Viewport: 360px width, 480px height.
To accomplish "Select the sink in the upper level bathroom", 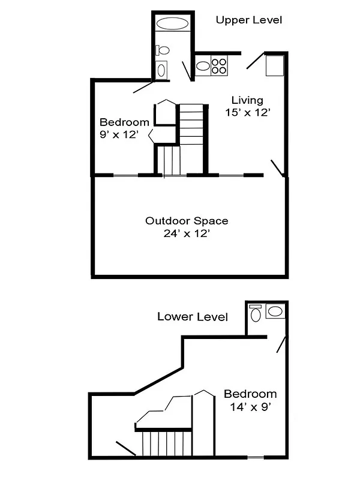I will [161, 70].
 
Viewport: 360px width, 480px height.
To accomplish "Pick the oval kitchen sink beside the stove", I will [202, 65].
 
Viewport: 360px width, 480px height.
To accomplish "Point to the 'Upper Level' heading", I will [248, 20].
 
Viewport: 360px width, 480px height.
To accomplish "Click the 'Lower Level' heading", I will [192, 317].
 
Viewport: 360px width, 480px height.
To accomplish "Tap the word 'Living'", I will [248, 100].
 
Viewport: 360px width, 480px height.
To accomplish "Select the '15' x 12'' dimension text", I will [248, 113].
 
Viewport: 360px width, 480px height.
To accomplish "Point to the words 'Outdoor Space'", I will [187, 221].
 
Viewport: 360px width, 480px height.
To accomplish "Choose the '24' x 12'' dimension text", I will [187, 234].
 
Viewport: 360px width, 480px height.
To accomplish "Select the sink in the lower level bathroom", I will [275, 311].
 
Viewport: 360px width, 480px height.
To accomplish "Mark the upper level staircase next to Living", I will [192, 123].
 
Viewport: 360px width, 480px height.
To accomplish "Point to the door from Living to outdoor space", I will [277, 168].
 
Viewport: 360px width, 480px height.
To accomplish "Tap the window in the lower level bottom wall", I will [256, 458].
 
